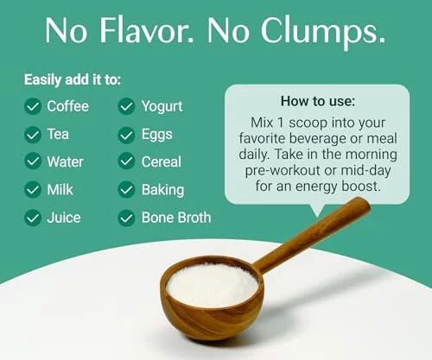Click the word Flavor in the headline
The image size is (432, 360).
144,30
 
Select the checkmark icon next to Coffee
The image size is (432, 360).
33,106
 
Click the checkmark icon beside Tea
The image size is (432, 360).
33,135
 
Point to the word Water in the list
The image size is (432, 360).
66,161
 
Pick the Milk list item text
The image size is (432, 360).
60,190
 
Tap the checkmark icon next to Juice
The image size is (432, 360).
33,218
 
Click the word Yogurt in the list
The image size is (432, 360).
162,107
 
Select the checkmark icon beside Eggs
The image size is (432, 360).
126,135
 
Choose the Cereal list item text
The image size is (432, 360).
162,161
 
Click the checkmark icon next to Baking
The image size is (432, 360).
126,190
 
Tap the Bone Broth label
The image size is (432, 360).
176,218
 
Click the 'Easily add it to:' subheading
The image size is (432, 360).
73,79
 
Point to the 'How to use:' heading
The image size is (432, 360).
318,101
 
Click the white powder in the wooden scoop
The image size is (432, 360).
212,285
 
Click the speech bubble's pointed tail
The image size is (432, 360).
317,212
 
